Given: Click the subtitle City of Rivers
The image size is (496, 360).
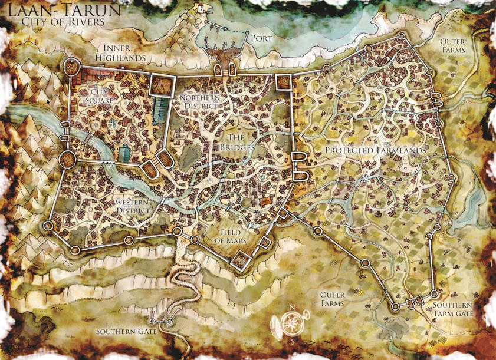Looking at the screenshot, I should pyautogui.click(x=63, y=22).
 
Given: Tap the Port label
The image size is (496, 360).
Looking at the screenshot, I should pyautogui.click(x=261, y=39).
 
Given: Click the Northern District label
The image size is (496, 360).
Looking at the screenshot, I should pyautogui.click(x=200, y=101).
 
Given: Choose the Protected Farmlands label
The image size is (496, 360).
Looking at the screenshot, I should pyautogui.click(x=375, y=151).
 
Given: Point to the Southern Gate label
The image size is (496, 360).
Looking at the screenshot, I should pyautogui.click(x=127, y=331).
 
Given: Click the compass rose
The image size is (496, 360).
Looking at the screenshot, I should pyautogui.click(x=291, y=323).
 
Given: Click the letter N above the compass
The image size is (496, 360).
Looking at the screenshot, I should pyautogui.click(x=291, y=307).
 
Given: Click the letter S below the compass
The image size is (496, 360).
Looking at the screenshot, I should pyautogui.click(x=291, y=341).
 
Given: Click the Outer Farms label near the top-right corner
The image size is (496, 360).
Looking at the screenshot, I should pyautogui.click(x=452, y=46).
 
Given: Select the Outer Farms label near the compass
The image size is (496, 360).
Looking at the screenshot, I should pyautogui.click(x=331, y=298).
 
